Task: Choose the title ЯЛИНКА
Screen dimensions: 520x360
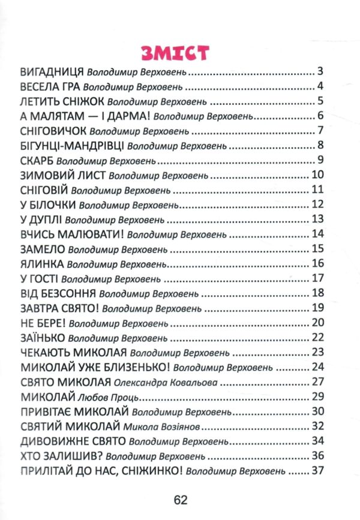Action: pyautogui.click(x=40, y=263)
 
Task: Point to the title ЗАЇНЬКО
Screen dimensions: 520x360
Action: pyautogui.click(x=42, y=337)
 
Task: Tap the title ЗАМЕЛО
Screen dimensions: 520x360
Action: pyautogui.click(x=41, y=248)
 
